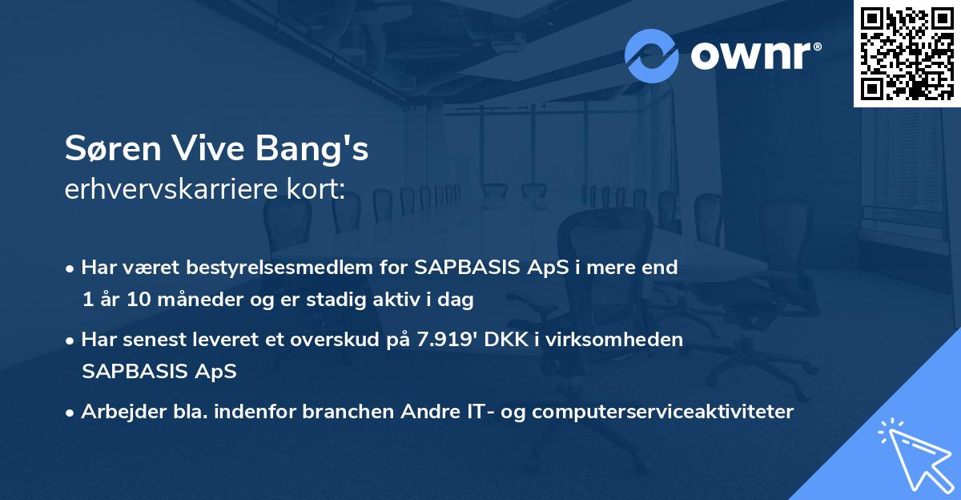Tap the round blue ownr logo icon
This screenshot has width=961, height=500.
coord(652,55)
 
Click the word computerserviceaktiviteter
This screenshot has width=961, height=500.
coord(662,412)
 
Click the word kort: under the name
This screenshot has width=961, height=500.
coord(317,190)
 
